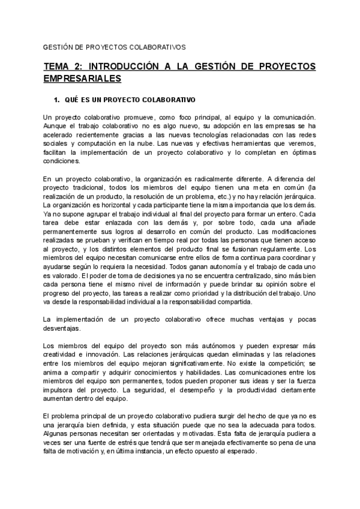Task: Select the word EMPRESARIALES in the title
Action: (83, 79)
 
